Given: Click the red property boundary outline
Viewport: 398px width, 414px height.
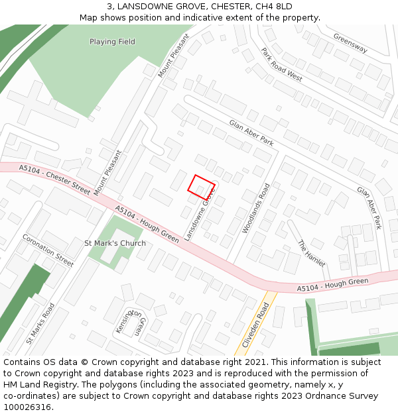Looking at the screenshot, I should [202, 187].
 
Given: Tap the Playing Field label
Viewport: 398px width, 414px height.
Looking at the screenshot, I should [112, 42].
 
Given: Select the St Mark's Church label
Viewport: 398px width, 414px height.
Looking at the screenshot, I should [115, 243].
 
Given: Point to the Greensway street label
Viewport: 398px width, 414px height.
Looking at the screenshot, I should [350, 44].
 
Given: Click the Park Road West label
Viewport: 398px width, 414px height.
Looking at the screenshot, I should [281, 64].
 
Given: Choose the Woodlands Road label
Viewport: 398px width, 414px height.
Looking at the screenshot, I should [256, 208].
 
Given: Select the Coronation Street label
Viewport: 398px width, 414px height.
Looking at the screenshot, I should [48, 250].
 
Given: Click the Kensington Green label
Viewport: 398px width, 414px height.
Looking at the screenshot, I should [131, 322].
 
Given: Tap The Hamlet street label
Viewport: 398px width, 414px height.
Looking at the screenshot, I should [311, 253].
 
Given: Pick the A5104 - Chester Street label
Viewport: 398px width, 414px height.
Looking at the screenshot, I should [54, 179].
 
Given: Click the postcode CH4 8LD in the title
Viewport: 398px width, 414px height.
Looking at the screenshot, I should [274, 7].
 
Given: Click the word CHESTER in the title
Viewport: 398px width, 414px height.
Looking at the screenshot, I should [224, 7].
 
